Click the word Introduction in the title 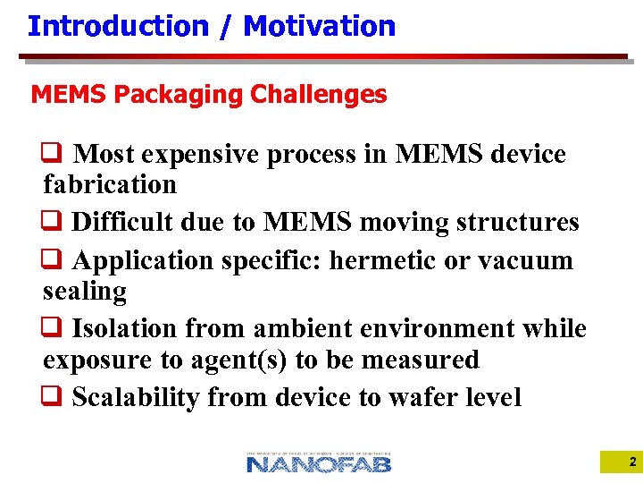[x=117, y=26]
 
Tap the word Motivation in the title [x=319, y=26]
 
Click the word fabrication [x=110, y=185]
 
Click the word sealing [x=85, y=292]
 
